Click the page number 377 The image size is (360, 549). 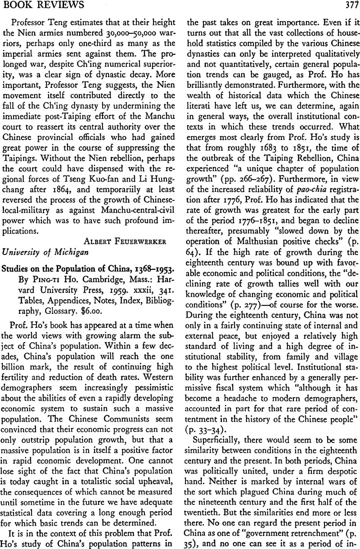tap(347, 6)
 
